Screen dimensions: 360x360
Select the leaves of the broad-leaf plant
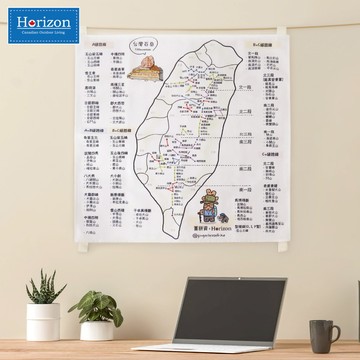(x=99, y=308)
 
